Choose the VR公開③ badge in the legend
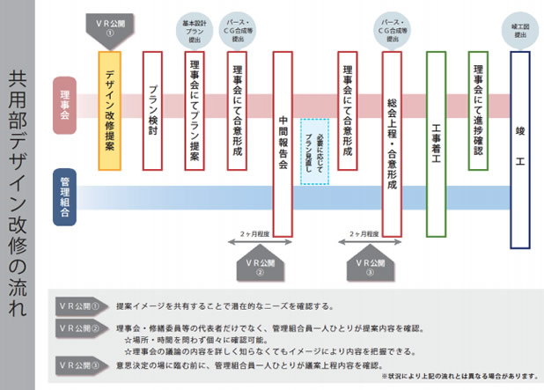(81, 364)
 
